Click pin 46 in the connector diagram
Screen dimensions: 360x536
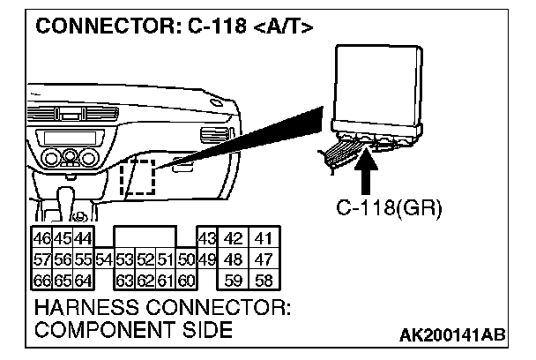point(41,238)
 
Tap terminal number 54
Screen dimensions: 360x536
point(104,259)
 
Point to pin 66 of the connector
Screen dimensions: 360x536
point(41,281)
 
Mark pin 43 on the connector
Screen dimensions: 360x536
point(207,238)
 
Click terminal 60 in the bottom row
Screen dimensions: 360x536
point(185,281)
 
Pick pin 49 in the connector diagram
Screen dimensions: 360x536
point(207,259)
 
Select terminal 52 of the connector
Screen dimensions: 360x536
point(145,259)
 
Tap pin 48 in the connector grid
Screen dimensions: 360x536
point(234,259)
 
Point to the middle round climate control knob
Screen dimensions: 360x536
point(70,159)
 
